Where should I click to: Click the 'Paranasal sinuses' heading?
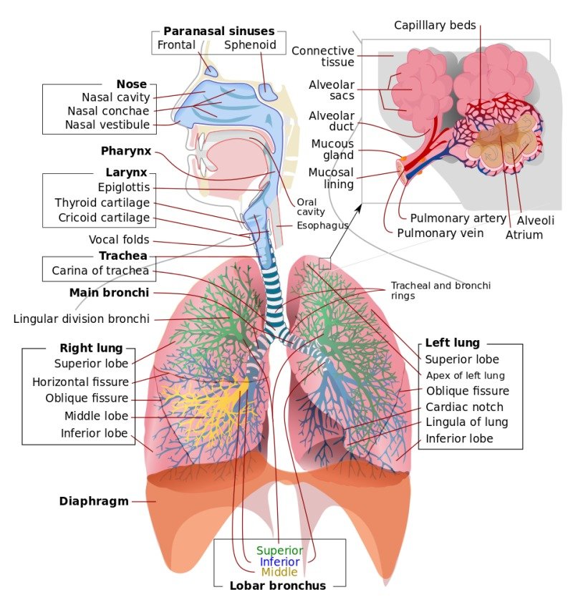pos(218,31)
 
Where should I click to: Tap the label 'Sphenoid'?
pos(250,45)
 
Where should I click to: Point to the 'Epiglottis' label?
pos(124,188)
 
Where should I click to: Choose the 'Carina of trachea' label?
pos(100,271)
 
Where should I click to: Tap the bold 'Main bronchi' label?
pos(109,292)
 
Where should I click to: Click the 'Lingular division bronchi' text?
pos(82,319)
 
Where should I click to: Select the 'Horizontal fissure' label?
pos(80,382)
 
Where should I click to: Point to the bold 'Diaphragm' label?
pos(94,501)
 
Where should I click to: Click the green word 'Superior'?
pos(279,551)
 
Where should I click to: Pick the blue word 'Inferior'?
pos(279,562)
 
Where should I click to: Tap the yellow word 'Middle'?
pos(279,573)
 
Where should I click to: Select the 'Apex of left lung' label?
pos(465,375)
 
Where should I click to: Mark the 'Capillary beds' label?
pos(435,26)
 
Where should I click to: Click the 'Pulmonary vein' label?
pos(440,233)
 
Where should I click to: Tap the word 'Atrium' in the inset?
pos(524,234)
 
